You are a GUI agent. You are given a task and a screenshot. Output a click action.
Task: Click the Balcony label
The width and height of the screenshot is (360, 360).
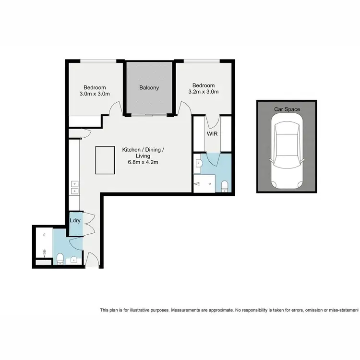click(149, 88)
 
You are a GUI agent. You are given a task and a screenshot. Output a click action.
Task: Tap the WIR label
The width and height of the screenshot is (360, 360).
click(212, 134)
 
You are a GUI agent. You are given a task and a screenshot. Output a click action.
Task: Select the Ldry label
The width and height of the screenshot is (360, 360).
click(75, 221)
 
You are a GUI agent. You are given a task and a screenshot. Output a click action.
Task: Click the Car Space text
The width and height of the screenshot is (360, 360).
click(287, 109)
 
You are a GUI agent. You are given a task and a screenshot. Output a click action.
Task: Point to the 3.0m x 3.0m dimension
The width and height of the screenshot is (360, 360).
click(95, 94)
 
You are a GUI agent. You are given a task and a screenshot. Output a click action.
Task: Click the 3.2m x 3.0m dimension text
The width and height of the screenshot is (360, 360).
click(204, 92)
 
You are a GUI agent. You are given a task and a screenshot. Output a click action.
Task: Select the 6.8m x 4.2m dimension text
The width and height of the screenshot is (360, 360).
click(143, 163)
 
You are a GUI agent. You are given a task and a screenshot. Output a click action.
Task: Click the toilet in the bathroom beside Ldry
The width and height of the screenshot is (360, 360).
click(60, 260)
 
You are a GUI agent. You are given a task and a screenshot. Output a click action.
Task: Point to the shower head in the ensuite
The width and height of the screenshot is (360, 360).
click(197, 183)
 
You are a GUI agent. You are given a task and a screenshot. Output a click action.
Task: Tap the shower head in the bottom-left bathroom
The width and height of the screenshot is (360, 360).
click(44, 252)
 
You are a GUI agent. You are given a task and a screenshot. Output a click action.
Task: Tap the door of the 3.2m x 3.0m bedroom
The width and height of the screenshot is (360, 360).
click(181, 108)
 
